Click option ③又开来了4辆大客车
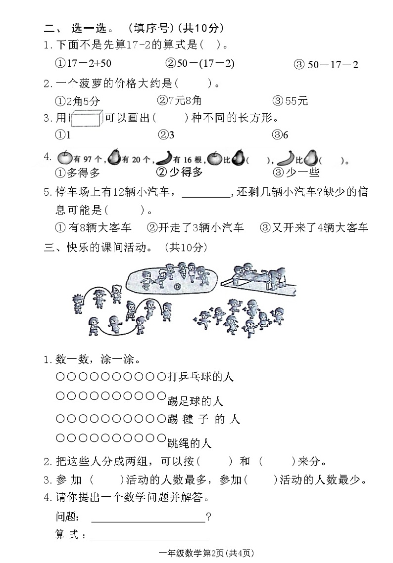point(314,227)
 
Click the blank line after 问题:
point(148,518)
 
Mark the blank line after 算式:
point(149,536)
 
